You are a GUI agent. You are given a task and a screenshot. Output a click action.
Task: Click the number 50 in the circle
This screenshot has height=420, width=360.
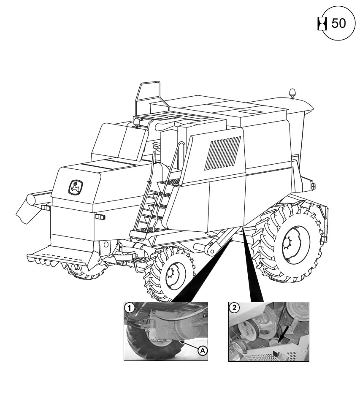338,24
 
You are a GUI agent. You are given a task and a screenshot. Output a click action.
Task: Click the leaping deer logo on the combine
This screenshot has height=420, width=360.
76,187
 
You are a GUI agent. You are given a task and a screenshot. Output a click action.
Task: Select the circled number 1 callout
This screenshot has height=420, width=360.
128,307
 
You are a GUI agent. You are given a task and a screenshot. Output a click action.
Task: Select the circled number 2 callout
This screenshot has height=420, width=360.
233,307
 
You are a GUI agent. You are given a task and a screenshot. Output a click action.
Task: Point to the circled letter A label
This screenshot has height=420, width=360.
203,350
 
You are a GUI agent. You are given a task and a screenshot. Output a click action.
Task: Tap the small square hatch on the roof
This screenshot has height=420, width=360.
248,112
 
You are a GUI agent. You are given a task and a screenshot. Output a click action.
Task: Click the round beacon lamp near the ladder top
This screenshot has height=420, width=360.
137,122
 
